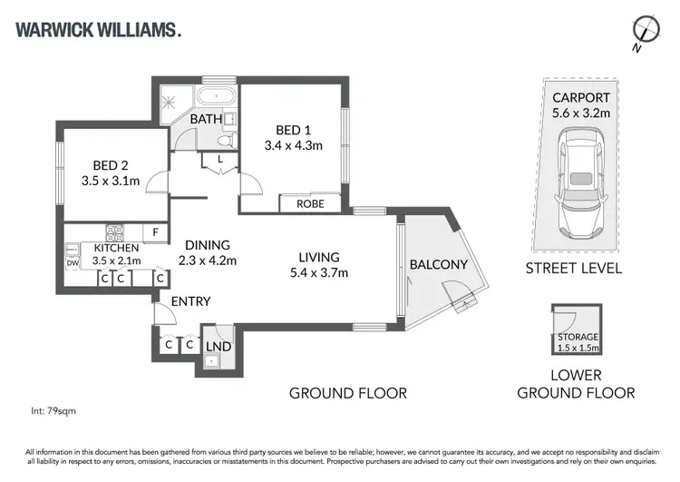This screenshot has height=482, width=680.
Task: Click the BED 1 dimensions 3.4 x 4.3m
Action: pyautogui.click(x=293, y=144)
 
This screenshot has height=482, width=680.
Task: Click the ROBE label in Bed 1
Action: pyautogui.click(x=310, y=204)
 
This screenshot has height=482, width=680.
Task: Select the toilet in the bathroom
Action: pyautogui.click(x=230, y=139)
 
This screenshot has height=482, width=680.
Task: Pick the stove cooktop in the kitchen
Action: pyautogui.click(x=116, y=231)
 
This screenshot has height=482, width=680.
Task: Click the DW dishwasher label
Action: pyautogui.click(x=73, y=263)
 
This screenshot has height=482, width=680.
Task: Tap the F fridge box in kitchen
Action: pyautogui.click(x=156, y=232)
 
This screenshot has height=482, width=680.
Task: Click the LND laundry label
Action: pyautogui.click(x=218, y=346)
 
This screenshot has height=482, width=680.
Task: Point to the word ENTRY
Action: pyautogui.click(x=190, y=301)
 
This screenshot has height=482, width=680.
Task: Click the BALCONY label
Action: pyautogui.click(x=439, y=265)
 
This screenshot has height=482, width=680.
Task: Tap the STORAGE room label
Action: pyautogui.click(x=577, y=337)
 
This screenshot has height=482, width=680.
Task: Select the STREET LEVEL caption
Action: pyautogui.click(x=573, y=268)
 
